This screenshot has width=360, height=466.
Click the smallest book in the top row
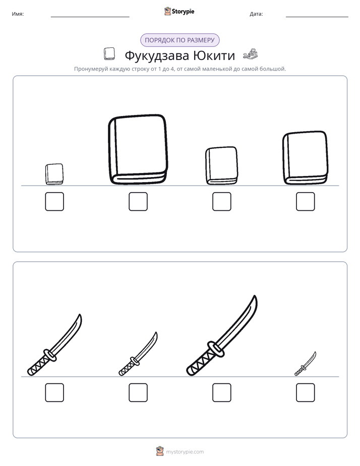coord(54,174)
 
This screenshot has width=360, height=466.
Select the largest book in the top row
coord(138,149)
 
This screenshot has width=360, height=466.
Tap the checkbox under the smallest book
coord(54,202)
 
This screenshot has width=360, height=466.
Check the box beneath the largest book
coord(138,202)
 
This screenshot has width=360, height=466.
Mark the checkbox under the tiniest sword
coord(306,392)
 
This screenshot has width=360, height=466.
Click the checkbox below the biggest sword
coord(221,392)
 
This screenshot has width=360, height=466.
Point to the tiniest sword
coord(305,364)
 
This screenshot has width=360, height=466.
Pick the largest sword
coord(222,335)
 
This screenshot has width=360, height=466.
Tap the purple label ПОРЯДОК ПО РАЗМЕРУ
coord(179,40)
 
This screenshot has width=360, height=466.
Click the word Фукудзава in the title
coord(157,55)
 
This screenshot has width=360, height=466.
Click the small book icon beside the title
coord(109,54)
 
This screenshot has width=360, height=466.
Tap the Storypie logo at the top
coord(179,11)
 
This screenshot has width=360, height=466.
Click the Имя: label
coord(18,14)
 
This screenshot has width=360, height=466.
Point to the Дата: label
coord(256,14)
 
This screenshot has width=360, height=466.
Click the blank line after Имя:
coord(90,17)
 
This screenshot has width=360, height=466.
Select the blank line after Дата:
coord(317,17)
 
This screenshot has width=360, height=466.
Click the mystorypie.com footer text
coord(185,452)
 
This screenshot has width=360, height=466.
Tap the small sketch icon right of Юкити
coord(251,54)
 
